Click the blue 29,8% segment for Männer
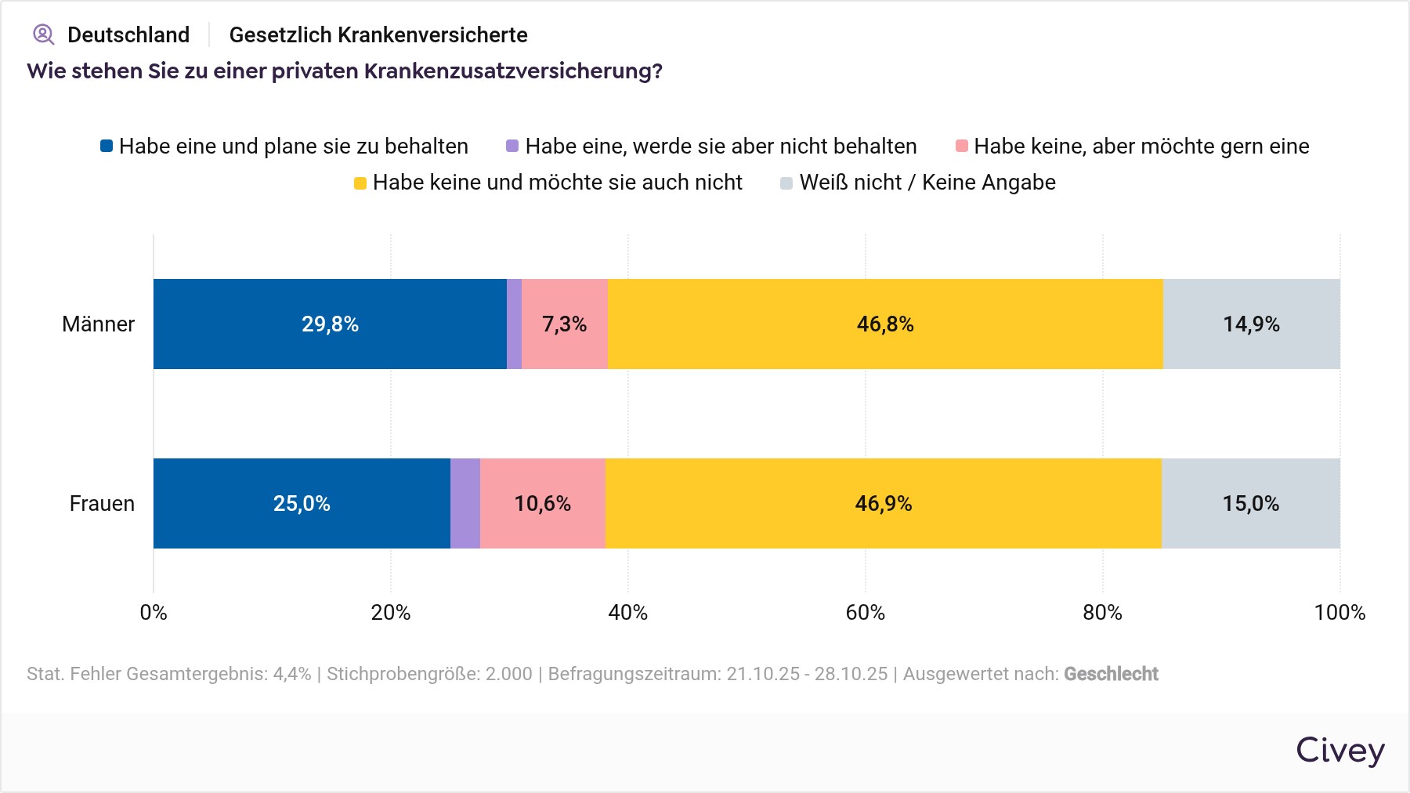(x=330, y=324)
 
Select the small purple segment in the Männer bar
(x=514, y=324)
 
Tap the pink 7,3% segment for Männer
(x=565, y=324)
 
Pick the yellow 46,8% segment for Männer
(x=885, y=324)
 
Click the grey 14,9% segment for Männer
(x=1251, y=324)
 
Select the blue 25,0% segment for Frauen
(x=302, y=503)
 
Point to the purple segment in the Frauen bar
(x=465, y=503)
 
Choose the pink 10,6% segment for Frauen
(x=542, y=503)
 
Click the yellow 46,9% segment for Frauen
(x=883, y=503)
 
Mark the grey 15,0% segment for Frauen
(x=1250, y=503)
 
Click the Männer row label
(x=98, y=324)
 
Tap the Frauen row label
(x=102, y=503)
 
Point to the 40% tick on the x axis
(x=628, y=612)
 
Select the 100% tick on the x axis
(x=1339, y=612)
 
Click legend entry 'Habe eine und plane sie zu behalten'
(x=284, y=147)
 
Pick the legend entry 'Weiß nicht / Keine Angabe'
(x=918, y=183)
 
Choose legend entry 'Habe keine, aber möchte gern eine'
(x=1133, y=147)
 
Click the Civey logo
(x=1339, y=750)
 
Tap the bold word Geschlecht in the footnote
(x=1111, y=674)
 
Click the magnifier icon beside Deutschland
(x=43, y=34)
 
